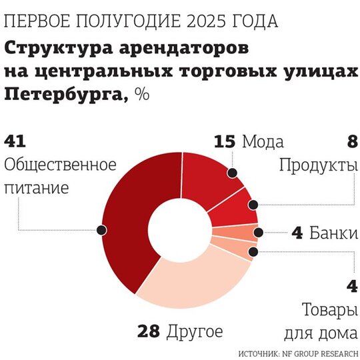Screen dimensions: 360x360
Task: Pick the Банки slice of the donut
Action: coord(237,233)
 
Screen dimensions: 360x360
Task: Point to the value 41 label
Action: coord(15,141)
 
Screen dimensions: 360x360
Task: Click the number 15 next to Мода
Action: coord(225,141)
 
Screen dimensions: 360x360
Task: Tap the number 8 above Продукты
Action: coord(352,141)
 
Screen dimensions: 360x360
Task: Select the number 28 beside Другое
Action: coord(148,331)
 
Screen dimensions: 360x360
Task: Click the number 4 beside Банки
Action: coord(297,233)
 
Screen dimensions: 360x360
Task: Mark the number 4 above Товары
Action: coord(352,286)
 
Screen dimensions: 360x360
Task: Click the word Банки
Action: coord(334,233)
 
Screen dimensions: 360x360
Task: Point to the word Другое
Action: coord(195,332)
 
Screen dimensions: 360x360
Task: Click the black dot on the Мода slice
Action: coord(233,173)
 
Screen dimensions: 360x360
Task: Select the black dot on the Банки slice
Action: coord(259,233)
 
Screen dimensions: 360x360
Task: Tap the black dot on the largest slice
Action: coord(101,230)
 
